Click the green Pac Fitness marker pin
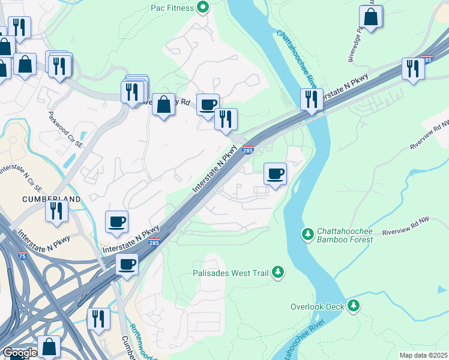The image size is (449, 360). pyautogui.click(x=203, y=8)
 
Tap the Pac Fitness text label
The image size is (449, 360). pyautogui.click(x=172, y=8)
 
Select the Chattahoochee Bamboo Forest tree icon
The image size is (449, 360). pyautogui.click(x=307, y=232)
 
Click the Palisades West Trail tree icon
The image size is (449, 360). pyautogui.click(x=277, y=272)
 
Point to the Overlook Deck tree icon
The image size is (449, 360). pyautogui.click(x=354, y=307)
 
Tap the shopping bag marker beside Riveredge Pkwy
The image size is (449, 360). pyautogui.click(x=371, y=18)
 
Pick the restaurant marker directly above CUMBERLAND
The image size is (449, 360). pyautogui.click(x=57, y=212)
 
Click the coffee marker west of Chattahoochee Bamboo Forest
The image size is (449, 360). pyautogui.click(x=275, y=175)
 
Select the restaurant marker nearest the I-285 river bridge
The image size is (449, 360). pyautogui.click(x=311, y=100)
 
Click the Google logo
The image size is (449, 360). pyautogui.click(x=20, y=353)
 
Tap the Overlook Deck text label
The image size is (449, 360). pyautogui.click(x=318, y=307)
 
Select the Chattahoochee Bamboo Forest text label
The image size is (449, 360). pyautogui.click(x=345, y=235)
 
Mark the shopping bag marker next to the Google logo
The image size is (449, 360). pyautogui.click(x=49, y=347)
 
